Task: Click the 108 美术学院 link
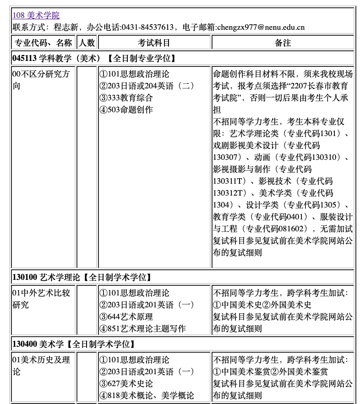pos(36,16)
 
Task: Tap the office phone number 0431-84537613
pos(147,27)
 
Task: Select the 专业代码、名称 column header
pos(43,43)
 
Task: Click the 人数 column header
pos(87,43)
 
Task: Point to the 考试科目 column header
pos(154,43)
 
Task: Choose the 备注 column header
pos(283,43)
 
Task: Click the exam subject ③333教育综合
pos(126,98)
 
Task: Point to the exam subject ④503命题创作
pos(126,109)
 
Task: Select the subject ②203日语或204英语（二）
pos(147,86)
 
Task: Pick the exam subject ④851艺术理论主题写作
pos(142,328)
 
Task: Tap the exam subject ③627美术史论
pos(126,383)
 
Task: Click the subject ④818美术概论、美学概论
pos(147,395)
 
